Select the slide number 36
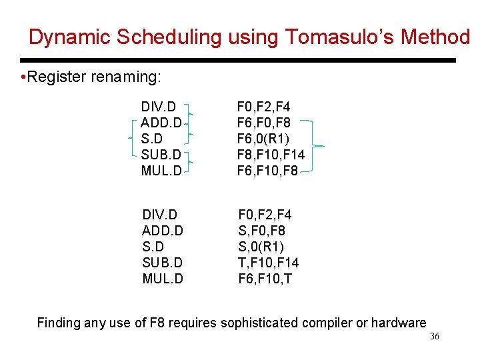coord(434,337)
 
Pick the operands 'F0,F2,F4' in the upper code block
coord(263,107)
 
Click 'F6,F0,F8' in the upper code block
coord(263,123)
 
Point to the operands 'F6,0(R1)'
coord(263,139)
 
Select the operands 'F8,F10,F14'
coord(271,155)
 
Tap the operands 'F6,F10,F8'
coord(267,171)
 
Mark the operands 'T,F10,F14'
coord(269,263)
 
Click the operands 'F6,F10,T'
coord(265,279)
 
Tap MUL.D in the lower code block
coord(163,279)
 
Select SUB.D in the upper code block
coord(161,155)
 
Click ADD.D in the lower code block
coord(163,231)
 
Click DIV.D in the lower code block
coord(159,215)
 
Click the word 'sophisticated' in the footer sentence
coord(259,323)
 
